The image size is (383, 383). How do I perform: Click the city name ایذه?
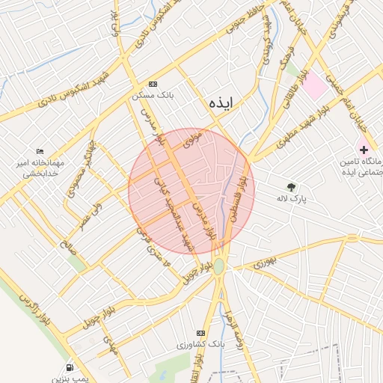[x=223, y=103]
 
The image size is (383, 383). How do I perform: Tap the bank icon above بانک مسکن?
[x=153, y=85]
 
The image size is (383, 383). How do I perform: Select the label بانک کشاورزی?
[x=200, y=345]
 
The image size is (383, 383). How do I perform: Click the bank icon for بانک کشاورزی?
[x=200, y=333]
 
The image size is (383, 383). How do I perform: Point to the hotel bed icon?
[x=40, y=151]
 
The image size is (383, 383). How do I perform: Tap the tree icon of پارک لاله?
[x=291, y=186]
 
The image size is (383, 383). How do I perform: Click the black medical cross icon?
[x=364, y=150]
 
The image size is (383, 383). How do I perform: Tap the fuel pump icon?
[x=70, y=368]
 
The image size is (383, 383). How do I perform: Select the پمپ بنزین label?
[x=70, y=379]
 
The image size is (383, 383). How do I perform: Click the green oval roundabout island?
[x=218, y=266]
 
